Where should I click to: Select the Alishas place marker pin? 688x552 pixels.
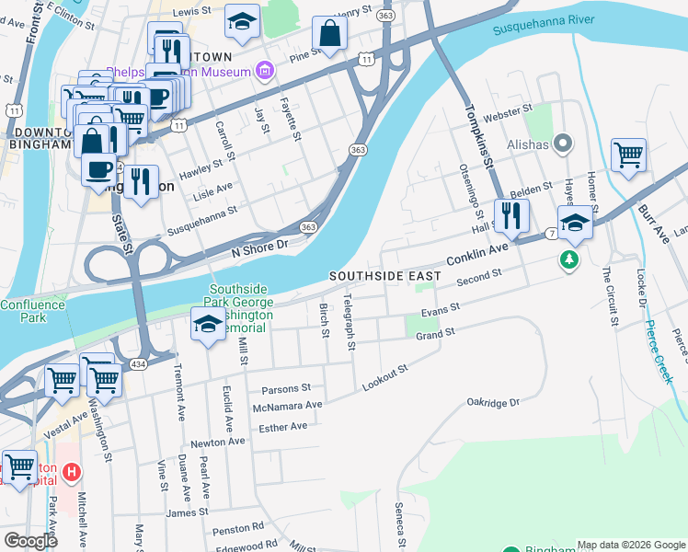pyautogui.click(x=564, y=144)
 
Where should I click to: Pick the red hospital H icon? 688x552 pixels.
pyautogui.click(x=72, y=474)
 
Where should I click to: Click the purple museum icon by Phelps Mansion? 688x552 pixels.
pyautogui.click(x=265, y=70)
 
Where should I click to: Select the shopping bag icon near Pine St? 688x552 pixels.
pyautogui.click(x=329, y=34)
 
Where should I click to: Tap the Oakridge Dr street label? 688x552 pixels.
pyautogui.click(x=493, y=402)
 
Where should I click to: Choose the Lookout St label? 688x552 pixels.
pyautogui.click(x=384, y=375)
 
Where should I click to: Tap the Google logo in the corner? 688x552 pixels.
pyautogui.click(x=30, y=541)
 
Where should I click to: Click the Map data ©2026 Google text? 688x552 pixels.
pyautogui.click(x=630, y=544)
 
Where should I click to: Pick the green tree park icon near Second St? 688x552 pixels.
pyautogui.click(x=570, y=261)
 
